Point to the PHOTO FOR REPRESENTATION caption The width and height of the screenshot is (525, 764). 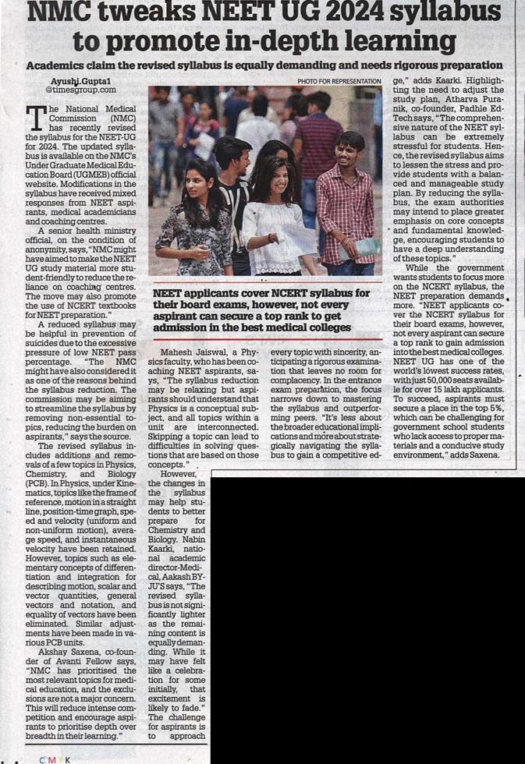pos(339,81)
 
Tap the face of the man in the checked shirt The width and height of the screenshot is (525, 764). pos(350,147)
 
